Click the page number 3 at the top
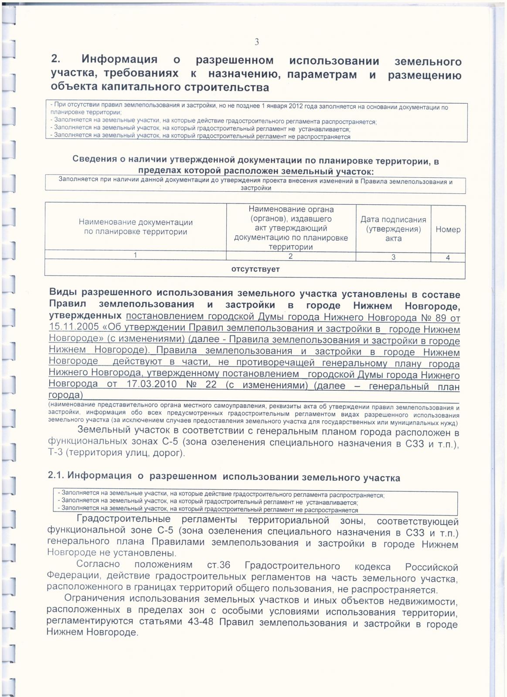[x=257, y=42]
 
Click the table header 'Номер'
[x=448, y=229]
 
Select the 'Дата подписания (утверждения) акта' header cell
[x=393, y=229]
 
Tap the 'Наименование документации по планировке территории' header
[x=136, y=227]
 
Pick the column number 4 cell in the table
[x=448, y=257]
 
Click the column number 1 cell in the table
[x=136, y=255]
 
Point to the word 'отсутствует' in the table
[x=255, y=269]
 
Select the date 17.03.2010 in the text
[x=152, y=385]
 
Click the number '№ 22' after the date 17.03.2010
[x=201, y=385]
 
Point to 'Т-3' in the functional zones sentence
[x=55, y=453]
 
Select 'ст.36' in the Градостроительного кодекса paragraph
[x=219, y=565]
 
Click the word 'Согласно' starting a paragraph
[x=98, y=564]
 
